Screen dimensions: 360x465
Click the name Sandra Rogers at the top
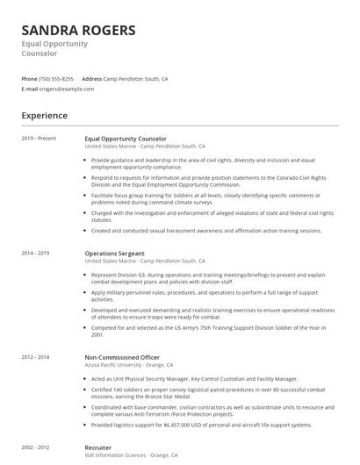pos(78,32)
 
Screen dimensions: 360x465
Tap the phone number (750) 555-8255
pos(56,79)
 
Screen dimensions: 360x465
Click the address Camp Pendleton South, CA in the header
pos(136,79)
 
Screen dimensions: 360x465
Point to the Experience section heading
pos(45,115)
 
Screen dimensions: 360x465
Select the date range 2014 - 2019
pos(37,254)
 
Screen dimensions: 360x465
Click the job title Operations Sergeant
pos(116,254)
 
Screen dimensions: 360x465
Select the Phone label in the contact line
pos(29,79)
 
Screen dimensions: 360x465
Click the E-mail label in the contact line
pos(30,89)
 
